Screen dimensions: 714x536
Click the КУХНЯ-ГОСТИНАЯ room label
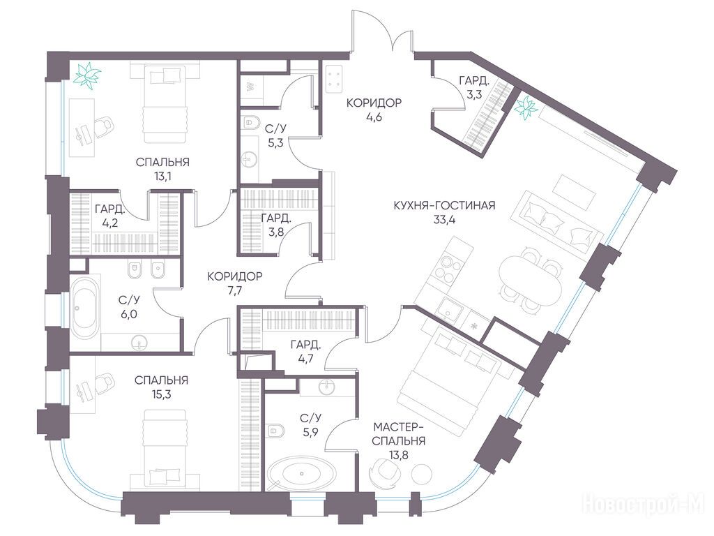(444, 206)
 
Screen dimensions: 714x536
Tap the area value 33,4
(444, 220)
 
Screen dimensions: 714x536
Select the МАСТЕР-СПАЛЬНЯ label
(400, 434)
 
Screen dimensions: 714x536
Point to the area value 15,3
(162, 394)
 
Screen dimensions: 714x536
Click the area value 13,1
(162, 177)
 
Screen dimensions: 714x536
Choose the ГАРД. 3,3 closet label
(474, 88)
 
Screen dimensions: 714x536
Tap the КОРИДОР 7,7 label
(235, 283)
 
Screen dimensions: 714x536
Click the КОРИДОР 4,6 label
(374, 110)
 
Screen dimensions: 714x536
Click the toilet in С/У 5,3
(250, 121)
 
